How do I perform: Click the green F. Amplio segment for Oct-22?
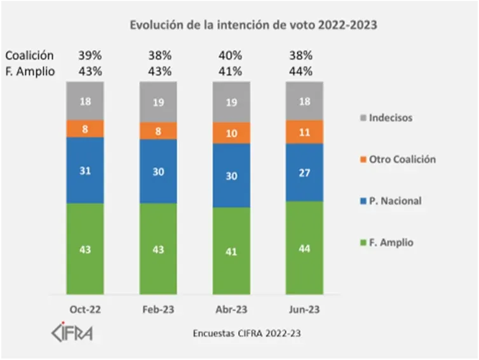pyautogui.click(x=85, y=249)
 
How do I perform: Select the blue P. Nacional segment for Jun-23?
pyautogui.click(x=304, y=172)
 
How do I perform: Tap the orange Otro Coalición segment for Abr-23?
pyautogui.click(x=231, y=133)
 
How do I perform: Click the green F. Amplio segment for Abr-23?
pyautogui.click(x=231, y=251)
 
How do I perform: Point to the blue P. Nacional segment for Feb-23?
pyautogui.click(x=158, y=171)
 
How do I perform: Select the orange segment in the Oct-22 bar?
pyautogui.click(x=85, y=129)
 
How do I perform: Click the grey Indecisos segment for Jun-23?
pyautogui.click(x=304, y=101)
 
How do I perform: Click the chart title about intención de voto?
pyautogui.click(x=253, y=25)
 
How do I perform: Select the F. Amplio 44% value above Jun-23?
pyautogui.click(x=302, y=71)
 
